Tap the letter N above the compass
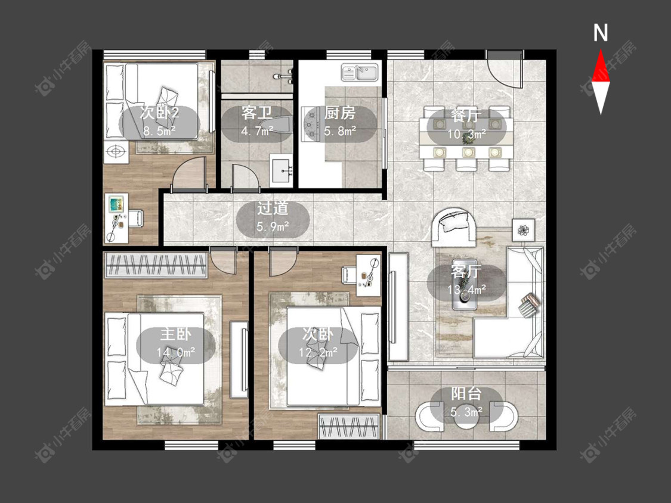(x=601, y=33)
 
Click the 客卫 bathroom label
(x=256, y=113)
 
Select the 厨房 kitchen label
(x=340, y=113)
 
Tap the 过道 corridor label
(x=273, y=209)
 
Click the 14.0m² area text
(x=176, y=352)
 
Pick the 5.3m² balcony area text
(x=466, y=412)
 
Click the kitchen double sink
(x=360, y=72)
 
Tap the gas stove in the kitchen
(x=312, y=124)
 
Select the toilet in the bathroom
(x=277, y=125)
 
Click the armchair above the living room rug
(x=454, y=227)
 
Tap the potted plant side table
(x=523, y=230)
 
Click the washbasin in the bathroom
(x=282, y=170)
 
